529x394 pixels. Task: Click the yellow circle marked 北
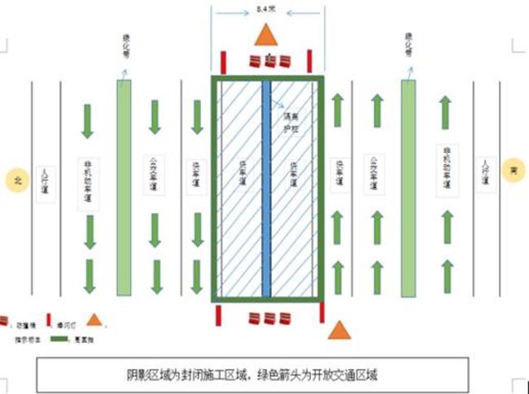[17, 180]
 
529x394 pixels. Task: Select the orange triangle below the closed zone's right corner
[339, 331]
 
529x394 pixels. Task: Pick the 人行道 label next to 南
[486, 173]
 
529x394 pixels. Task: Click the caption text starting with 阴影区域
[253, 375]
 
